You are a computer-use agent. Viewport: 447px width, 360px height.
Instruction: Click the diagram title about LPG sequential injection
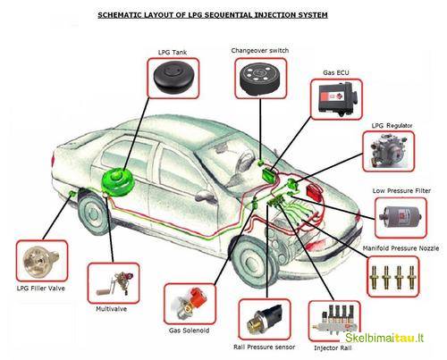224,16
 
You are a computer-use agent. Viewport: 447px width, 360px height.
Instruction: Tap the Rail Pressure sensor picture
265,314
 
